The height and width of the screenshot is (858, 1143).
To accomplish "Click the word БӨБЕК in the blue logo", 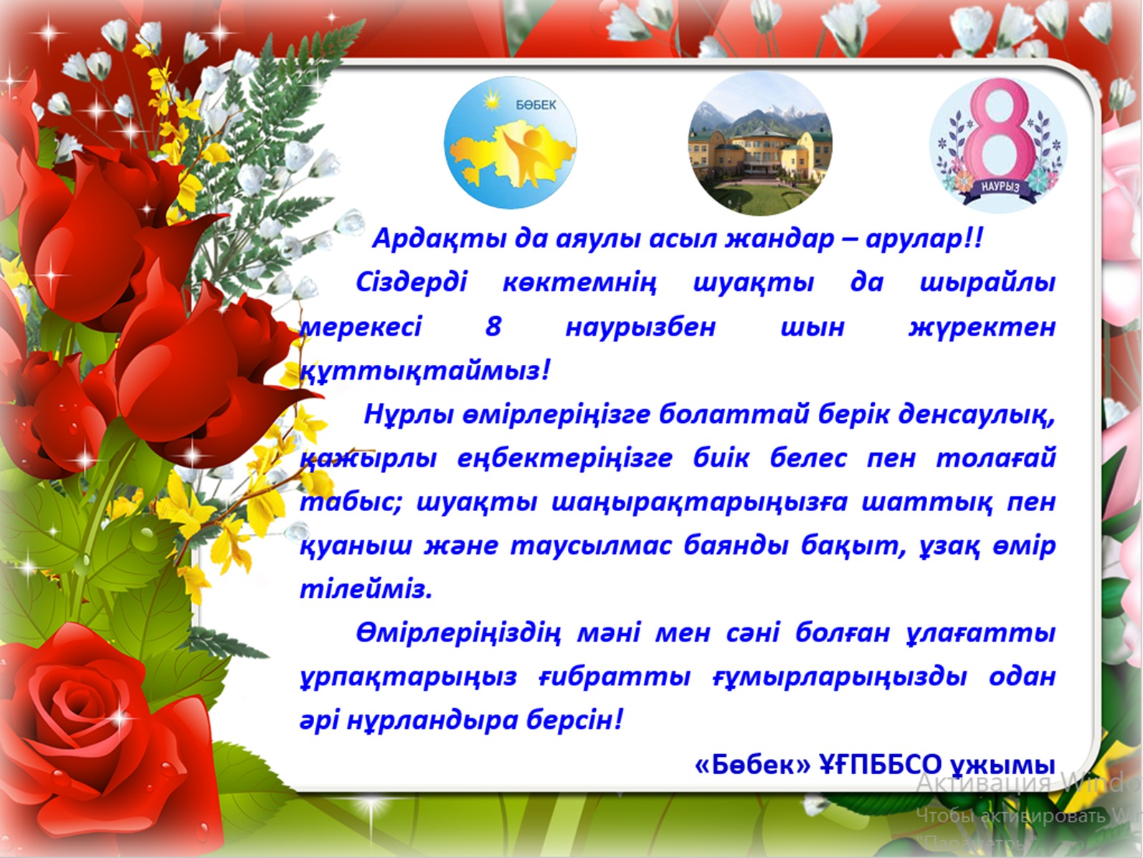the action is coord(536,105).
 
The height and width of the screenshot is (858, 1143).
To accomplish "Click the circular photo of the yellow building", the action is coord(760,144).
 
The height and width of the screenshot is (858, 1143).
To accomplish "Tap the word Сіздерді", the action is coord(412,283).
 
